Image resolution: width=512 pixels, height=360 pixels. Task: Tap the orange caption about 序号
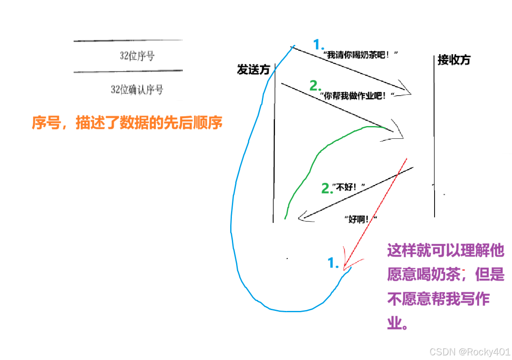pos(127,123)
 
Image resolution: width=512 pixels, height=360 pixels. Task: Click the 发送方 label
pos(253,70)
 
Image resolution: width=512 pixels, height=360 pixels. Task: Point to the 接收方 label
pos(454,60)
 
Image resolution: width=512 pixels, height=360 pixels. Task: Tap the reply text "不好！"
pos(349,187)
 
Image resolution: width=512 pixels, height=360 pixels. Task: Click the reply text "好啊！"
pos(361,219)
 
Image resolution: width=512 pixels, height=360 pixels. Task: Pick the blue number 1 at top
pos(318,44)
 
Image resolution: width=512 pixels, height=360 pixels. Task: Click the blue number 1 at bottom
pos(333,263)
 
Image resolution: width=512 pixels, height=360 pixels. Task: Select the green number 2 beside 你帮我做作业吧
pos(315,86)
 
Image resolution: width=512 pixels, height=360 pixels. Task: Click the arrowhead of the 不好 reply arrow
pos(302,218)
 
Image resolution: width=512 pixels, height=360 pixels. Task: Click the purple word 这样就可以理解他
pos(446,250)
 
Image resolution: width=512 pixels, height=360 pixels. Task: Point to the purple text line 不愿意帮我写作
pos(438,300)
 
